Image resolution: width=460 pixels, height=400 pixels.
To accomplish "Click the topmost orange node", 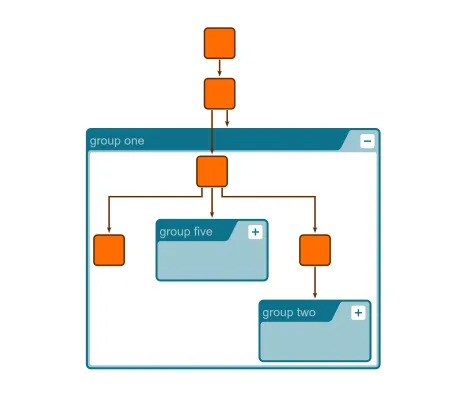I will point(220,43).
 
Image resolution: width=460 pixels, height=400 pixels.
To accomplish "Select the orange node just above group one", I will point(220,93).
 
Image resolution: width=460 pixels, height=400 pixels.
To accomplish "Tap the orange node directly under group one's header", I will point(212,171).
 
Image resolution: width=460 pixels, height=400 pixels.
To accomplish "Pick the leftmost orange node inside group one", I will point(109,250).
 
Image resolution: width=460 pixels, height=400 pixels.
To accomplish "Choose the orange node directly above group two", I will point(315,250).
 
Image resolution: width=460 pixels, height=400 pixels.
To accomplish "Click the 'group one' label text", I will point(117,141).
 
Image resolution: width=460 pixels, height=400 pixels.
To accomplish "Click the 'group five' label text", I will point(186,232).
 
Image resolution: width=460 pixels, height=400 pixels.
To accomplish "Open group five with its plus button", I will point(255,232).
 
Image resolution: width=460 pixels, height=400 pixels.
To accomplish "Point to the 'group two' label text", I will point(289,313).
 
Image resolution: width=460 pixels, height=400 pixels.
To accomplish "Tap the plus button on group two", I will point(358,313).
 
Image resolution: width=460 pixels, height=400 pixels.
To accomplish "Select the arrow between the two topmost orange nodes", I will point(220,68).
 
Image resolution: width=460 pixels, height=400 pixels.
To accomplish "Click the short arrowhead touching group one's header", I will point(228,123).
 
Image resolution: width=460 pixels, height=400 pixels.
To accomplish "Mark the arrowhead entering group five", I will point(212,214).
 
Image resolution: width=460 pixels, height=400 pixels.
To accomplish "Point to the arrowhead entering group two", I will point(315,295).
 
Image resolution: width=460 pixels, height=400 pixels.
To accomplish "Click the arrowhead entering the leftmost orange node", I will point(109,230).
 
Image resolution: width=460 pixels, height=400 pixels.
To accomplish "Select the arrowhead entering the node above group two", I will point(315,230).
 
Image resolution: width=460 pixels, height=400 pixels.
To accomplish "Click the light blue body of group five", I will point(212,261).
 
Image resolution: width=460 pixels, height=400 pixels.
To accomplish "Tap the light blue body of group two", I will point(315,342).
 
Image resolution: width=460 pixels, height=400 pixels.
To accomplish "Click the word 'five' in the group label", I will point(202,232).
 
